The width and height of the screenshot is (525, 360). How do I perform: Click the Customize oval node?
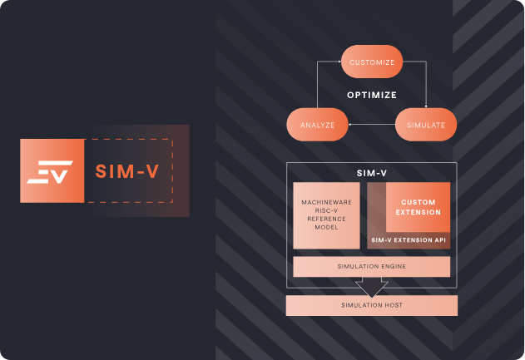coord(372,62)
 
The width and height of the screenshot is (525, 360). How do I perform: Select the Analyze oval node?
coord(316,125)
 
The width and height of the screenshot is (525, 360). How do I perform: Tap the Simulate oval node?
coord(425,125)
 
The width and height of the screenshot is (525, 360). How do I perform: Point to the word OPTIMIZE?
coord(371,95)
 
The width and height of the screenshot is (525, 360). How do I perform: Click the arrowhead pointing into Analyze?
coord(351,125)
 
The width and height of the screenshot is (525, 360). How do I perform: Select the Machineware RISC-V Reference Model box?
coord(326,215)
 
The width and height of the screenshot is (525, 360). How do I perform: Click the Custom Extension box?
coord(418,208)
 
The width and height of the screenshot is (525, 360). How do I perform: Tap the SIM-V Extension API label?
coord(408,239)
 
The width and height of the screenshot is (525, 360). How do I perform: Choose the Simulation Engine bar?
coord(371,266)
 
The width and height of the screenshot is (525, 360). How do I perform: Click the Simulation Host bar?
coord(371,305)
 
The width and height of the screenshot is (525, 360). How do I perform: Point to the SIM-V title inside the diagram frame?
coord(371,174)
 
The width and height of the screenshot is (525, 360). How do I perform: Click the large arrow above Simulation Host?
coord(371,287)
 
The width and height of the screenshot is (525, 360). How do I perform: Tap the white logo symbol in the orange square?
coord(50,171)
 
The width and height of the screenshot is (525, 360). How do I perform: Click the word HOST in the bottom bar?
coord(391,305)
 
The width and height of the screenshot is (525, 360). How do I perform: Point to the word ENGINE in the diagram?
coord(391,266)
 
